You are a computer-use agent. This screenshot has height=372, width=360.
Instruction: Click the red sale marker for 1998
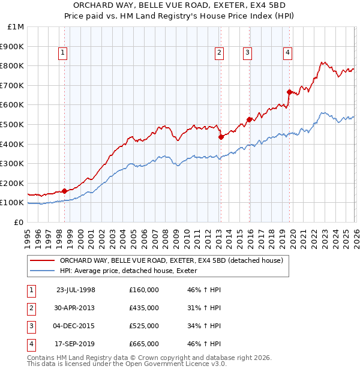(65, 191)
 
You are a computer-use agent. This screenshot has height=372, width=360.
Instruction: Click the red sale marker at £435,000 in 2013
(220, 137)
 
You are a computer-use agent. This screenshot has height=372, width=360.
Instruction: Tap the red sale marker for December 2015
(248, 119)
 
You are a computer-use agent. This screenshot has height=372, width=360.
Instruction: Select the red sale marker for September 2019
(289, 92)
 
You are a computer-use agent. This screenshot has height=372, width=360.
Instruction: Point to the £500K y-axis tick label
(13, 125)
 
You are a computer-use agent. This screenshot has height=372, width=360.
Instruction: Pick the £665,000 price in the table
(144, 344)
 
